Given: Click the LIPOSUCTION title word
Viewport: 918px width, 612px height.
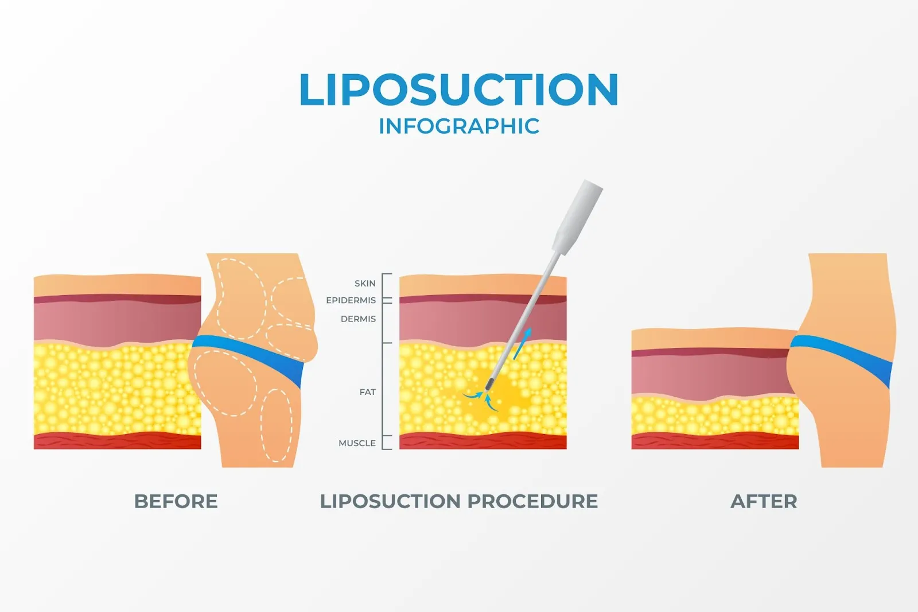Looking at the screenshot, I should point(458,90).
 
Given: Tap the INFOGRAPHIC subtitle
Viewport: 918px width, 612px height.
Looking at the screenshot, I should point(459,126).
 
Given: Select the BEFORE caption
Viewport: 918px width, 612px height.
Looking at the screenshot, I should point(176,501).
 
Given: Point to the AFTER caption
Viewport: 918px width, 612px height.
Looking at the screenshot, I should point(764,501).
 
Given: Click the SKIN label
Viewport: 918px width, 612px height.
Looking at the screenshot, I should point(365,283).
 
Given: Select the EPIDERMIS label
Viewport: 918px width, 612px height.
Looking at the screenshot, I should point(351,300).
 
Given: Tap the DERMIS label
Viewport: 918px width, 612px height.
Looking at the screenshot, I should point(358,319).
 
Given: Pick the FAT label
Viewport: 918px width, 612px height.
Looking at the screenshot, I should point(367,392).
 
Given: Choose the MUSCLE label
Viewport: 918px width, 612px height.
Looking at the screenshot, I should point(357,443).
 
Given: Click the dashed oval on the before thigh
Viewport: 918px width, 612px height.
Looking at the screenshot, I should point(278,425).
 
